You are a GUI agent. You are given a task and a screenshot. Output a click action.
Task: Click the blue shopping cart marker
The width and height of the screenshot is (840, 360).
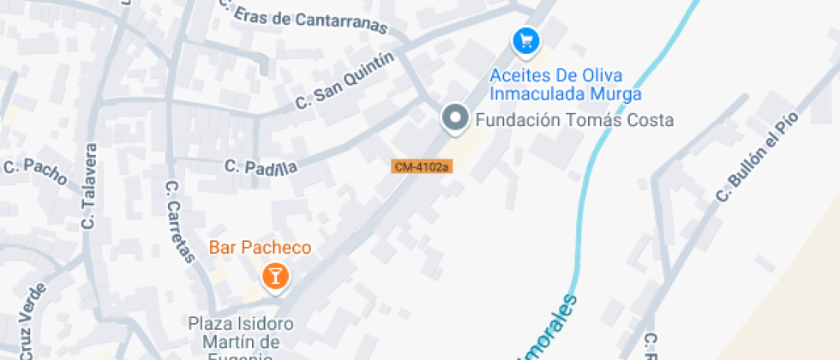pos(525,40)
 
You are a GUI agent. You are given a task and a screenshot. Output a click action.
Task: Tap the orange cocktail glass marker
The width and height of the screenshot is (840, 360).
pos(274,276)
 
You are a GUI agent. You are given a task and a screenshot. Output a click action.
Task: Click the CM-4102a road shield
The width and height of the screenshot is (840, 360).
pos(422,166)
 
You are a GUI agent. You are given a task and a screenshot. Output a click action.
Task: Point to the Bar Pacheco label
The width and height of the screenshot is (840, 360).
pos(260,249)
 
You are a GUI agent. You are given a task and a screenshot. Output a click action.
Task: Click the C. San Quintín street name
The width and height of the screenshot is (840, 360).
pos(344,81)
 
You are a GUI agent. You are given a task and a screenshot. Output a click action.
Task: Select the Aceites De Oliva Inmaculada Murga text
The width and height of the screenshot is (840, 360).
pos(565,85)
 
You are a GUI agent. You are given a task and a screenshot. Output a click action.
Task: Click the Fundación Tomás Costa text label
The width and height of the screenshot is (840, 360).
pos(574,120)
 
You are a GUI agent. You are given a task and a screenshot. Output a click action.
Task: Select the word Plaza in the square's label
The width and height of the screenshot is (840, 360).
pos(207,325)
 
